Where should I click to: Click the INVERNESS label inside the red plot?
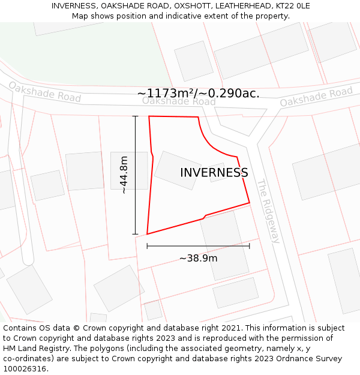(x=214, y=173)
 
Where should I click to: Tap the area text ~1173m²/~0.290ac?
(x=198, y=93)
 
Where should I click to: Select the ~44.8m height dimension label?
(x=124, y=175)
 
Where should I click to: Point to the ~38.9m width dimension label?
(x=198, y=259)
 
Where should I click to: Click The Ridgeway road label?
(x=268, y=212)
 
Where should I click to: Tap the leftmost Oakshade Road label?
(x=44, y=91)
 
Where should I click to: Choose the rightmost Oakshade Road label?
(x=316, y=97)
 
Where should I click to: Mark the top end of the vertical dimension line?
(x=136, y=116)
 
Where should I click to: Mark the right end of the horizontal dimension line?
(x=250, y=246)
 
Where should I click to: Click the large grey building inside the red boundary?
(x=178, y=170)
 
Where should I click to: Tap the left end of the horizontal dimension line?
(x=147, y=246)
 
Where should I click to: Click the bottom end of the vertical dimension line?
(x=136, y=234)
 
